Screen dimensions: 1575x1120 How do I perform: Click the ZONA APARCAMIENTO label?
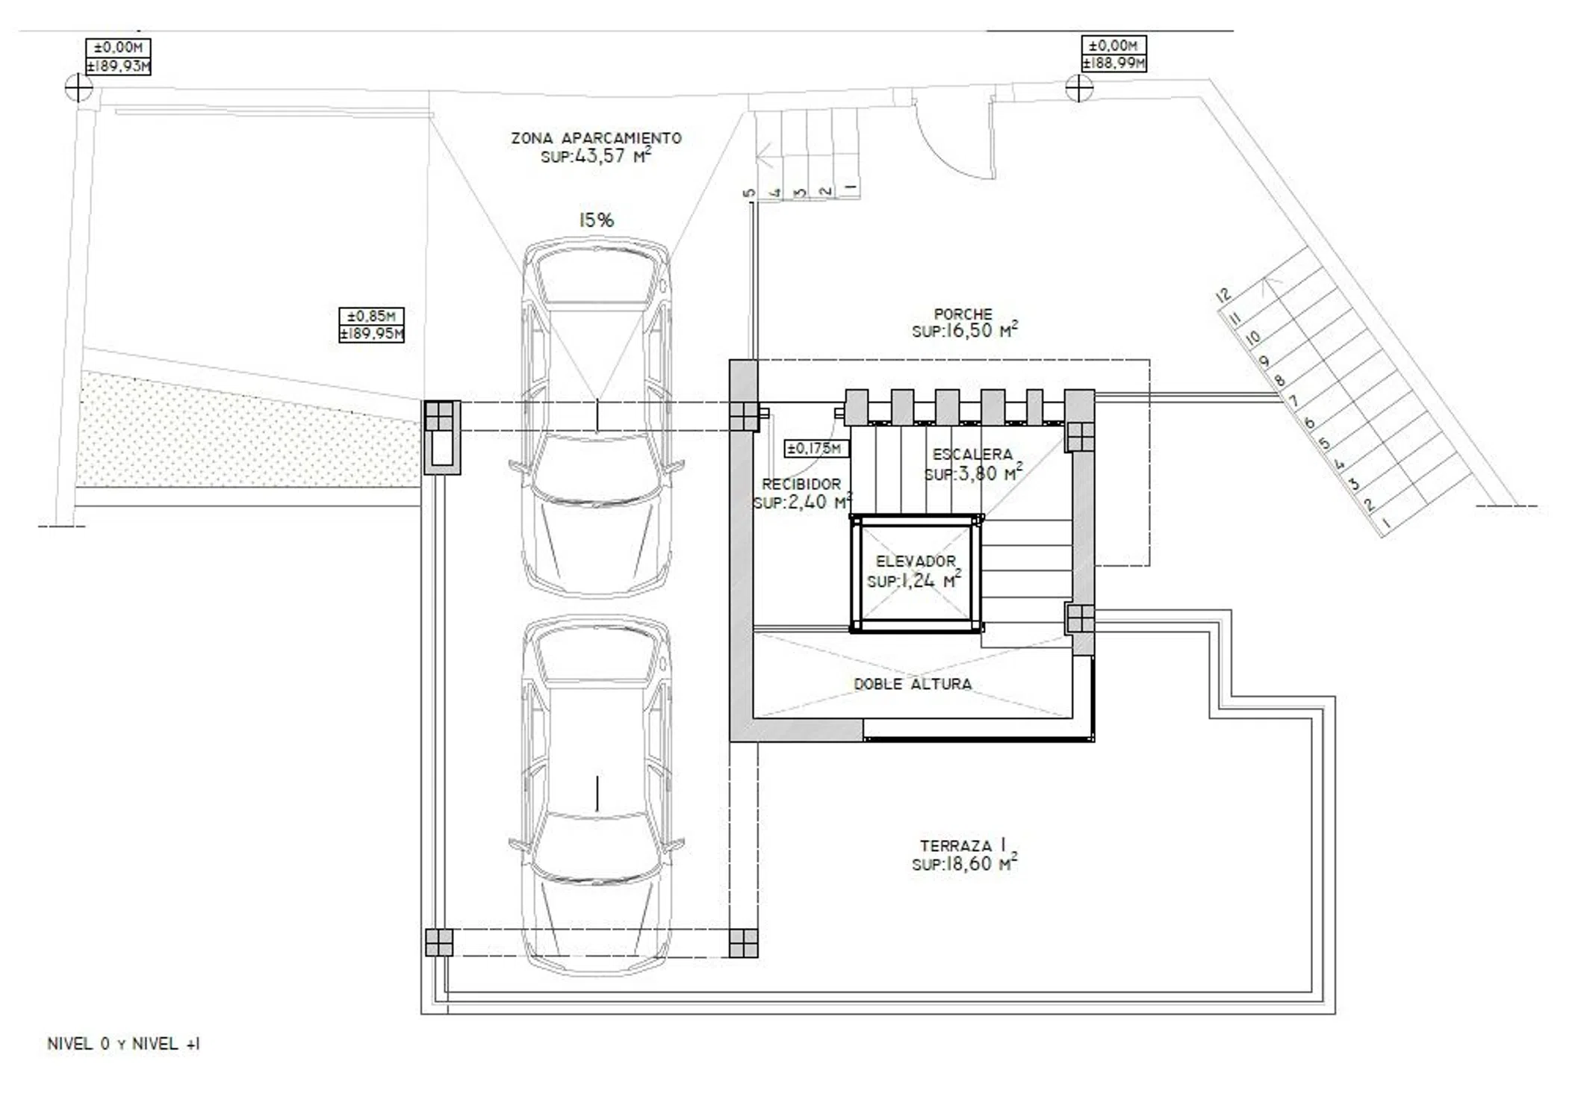coord(596,138)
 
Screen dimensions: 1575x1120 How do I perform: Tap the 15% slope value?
coord(597,220)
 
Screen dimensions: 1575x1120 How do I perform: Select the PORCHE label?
coord(963,314)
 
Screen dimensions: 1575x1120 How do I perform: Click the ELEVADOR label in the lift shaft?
coord(916,561)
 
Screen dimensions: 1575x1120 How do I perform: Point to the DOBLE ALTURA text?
coord(913,684)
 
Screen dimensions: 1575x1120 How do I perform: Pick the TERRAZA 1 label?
coord(963,846)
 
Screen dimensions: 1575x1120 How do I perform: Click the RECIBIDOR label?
coord(801,484)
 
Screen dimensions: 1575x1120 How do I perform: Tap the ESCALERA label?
coord(972,454)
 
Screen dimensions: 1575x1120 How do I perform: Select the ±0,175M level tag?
coord(816,449)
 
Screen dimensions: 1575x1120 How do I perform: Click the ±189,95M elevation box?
coord(371,334)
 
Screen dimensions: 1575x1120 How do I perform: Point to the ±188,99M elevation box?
coord(1113,63)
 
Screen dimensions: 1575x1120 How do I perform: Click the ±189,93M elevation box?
coord(118,66)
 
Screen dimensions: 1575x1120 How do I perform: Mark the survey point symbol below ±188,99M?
coord(1078,88)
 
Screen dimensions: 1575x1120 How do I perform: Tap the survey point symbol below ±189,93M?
coord(78,89)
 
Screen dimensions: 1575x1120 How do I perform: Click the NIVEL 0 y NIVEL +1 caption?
coord(123,1044)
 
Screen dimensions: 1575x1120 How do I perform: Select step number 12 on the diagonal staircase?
coord(1223,295)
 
